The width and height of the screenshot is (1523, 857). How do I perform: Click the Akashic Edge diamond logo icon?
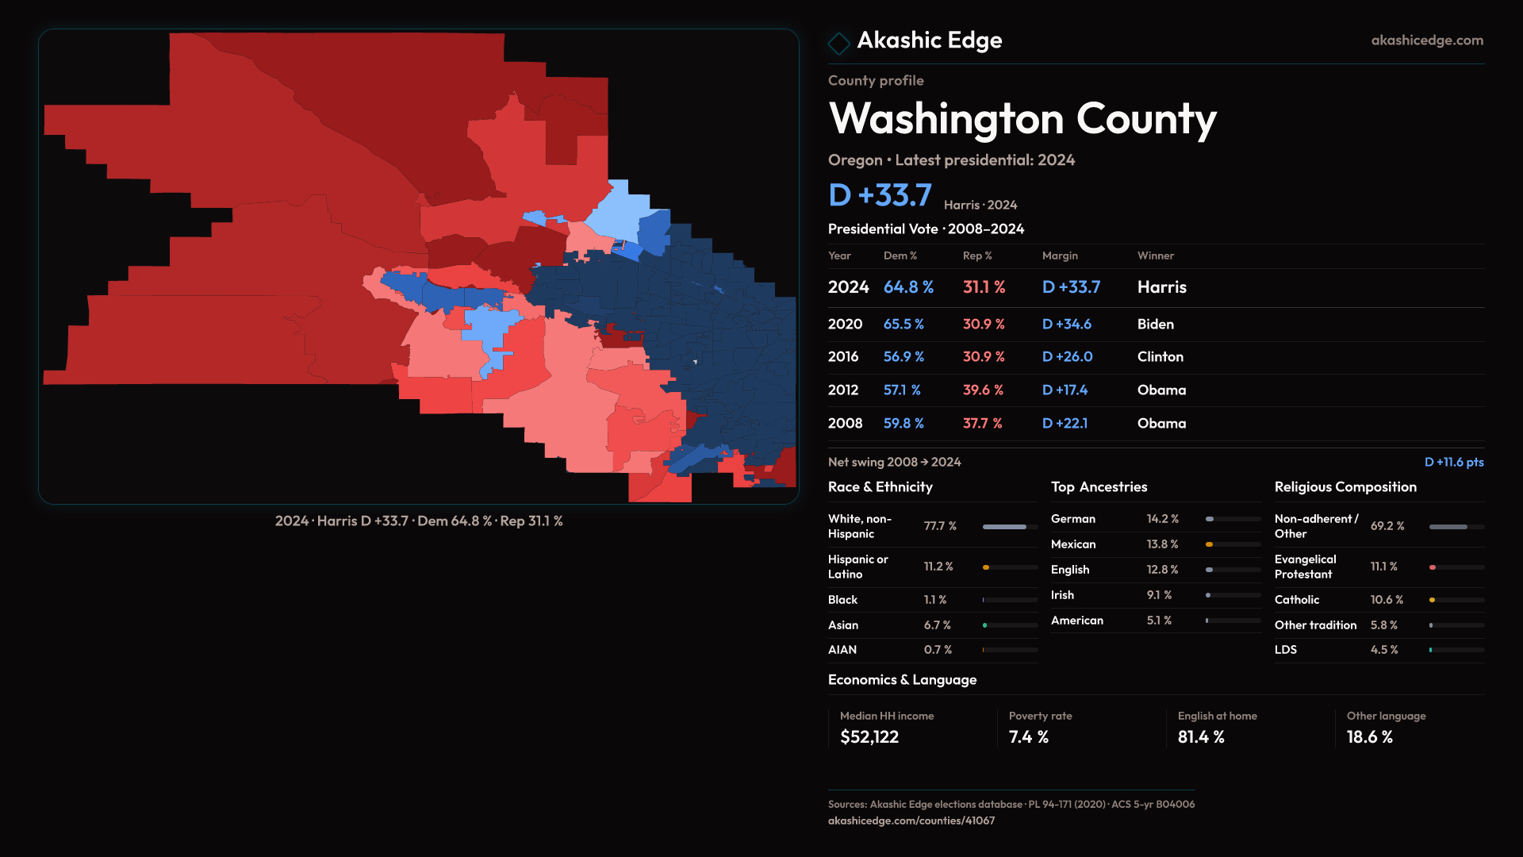838,43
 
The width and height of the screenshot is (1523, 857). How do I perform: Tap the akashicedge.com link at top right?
1426,40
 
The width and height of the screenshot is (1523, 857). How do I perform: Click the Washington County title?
1022,119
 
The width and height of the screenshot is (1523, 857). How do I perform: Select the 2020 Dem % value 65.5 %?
903,325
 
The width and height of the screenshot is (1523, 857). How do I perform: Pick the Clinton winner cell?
1160,357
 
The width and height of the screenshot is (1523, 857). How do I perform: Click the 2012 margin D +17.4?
1065,390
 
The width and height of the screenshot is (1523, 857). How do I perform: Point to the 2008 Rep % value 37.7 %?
982,424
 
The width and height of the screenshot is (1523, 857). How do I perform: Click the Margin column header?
1060,256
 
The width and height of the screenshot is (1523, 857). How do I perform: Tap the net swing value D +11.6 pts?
1453,462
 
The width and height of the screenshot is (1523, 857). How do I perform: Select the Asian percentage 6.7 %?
937,625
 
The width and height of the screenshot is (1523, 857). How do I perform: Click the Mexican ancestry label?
1073,544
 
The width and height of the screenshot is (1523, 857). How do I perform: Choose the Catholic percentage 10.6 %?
1387,600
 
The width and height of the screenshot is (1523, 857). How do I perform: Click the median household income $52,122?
869,737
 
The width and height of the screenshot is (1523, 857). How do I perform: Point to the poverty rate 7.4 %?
1028,737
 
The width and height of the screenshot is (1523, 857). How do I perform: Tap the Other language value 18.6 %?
1369,737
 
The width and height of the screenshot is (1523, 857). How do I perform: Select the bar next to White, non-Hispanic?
1009,527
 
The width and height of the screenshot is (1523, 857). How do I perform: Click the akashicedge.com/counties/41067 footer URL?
911,820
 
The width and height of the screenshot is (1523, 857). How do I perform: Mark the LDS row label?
1285,650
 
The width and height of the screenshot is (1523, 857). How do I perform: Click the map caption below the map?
419,521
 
